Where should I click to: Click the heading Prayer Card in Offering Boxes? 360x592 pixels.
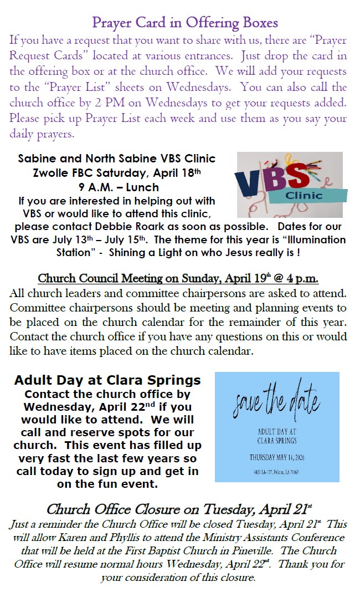pyautogui.click(x=185, y=23)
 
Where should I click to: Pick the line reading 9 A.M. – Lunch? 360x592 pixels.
pyautogui.click(x=116, y=187)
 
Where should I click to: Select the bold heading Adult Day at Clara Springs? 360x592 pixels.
pyautogui.click(x=107, y=380)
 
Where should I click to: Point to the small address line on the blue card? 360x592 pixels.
pyautogui.click(x=276, y=472)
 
